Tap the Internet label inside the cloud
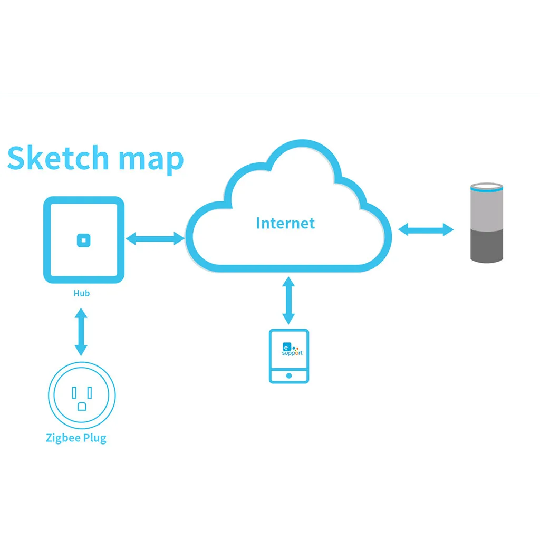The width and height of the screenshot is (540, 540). (285, 223)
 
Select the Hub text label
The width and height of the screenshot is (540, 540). (81, 293)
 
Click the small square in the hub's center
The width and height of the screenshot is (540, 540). (83, 240)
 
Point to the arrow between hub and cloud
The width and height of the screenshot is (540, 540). (155, 239)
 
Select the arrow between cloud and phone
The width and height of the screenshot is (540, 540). (288, 300)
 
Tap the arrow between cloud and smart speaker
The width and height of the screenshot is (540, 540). (426, 229)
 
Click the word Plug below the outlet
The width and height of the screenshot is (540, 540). (95, 438)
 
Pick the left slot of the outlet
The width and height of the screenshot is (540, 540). (74, 392)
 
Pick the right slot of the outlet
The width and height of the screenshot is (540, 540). (90, 392)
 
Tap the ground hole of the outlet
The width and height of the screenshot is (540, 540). (82, 406)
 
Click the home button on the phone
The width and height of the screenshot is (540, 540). (288, 376)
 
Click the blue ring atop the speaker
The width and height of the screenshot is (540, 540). (486, 186)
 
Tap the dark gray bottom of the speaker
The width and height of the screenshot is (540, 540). (486, 246)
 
